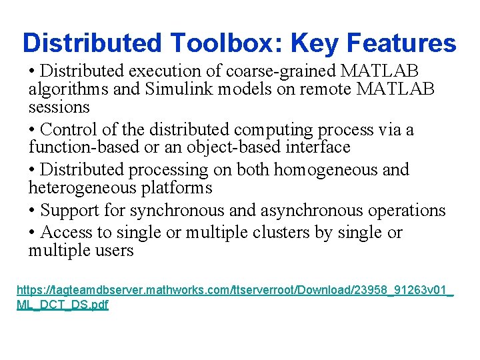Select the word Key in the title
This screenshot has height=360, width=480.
click(x=307, y=43)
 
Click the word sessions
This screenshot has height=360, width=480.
click(x=59, y=107)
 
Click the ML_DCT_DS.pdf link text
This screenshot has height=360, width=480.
click(x=63, y=305)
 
